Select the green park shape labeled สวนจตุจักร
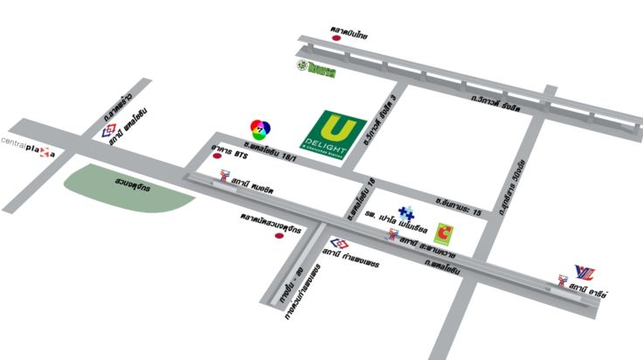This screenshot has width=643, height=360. (128, 187)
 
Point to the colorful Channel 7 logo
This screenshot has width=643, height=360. (256, 128)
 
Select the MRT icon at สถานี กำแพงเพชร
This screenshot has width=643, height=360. (337, 245)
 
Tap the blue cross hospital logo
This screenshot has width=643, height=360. (405, 212)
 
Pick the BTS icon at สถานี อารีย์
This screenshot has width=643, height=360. (563, 281)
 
